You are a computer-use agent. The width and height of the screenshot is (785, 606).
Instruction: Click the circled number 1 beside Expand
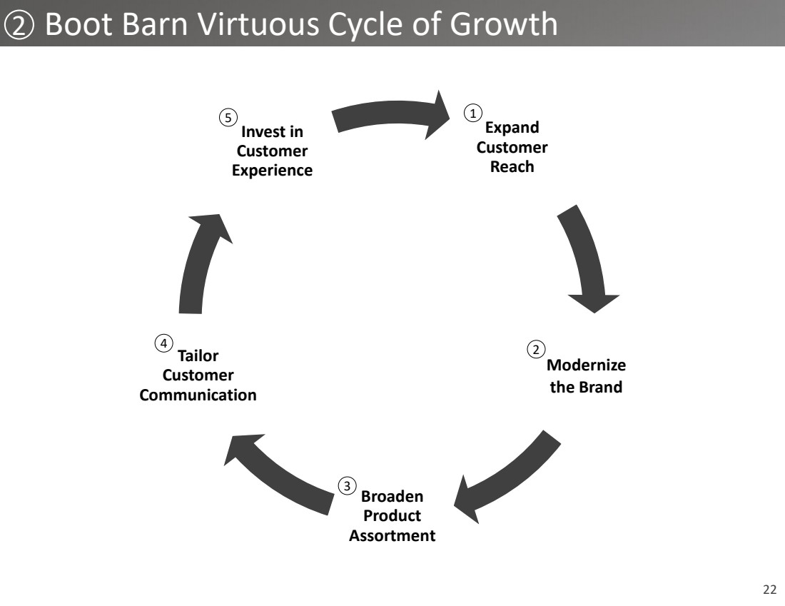tap(472, 113)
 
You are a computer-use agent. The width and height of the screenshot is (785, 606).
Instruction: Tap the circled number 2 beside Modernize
tap(536, 349)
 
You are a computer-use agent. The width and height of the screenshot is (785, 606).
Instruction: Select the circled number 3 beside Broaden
tap(347, 486)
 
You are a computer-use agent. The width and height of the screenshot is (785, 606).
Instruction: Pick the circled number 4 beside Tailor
tap(163, 343)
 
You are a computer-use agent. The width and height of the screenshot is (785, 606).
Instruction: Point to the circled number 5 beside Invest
tap(228, 118)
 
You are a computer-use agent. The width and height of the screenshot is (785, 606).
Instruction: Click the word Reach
tap(512, 167)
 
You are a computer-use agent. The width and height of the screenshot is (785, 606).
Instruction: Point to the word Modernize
tap(586, 365)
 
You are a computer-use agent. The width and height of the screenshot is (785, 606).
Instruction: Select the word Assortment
tap(392, 535)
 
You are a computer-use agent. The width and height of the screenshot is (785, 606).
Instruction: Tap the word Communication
tap(198, 395)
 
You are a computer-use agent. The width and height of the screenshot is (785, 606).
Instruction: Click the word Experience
tap(272, 171)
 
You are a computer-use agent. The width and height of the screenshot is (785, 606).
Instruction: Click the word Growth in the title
tap(504, 24)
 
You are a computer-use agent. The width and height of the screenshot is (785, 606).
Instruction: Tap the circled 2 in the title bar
tap(19, 24)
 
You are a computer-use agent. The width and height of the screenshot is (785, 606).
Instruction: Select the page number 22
tap(769, 590)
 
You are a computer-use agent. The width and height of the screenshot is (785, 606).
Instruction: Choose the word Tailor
tap(198, 355)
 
